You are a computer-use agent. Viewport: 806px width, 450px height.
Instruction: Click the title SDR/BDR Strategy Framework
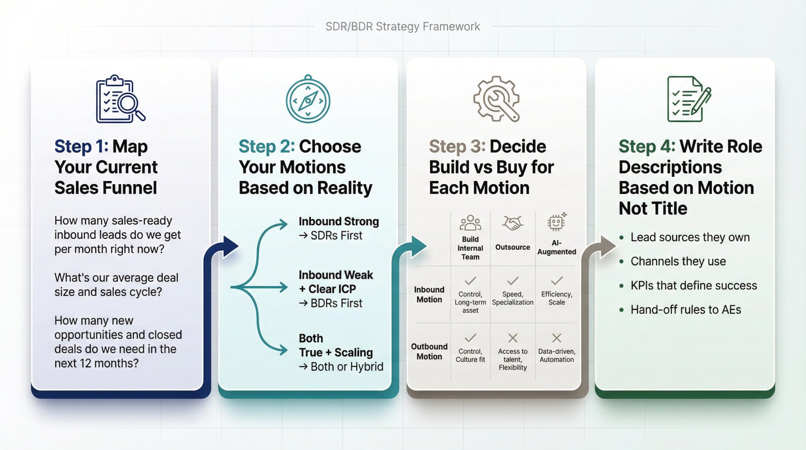(403, 27)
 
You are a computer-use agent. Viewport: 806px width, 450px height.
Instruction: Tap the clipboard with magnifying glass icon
(120, 99)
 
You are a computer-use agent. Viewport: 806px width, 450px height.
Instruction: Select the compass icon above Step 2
(308, 100)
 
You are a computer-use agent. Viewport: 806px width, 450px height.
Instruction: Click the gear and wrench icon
(496, 99)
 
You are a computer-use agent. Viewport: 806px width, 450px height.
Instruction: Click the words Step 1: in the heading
(81, 146)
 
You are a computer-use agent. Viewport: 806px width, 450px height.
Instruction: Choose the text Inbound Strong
(339, 221)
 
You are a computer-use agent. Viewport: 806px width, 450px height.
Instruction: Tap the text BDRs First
(336, 303)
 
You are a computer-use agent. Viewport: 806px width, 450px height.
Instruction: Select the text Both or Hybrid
(347, 367)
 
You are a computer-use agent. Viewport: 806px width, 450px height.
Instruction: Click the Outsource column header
(513, 247)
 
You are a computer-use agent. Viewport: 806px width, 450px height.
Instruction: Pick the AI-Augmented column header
(557, 247)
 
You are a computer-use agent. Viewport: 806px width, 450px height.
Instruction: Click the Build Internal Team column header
(470, 248)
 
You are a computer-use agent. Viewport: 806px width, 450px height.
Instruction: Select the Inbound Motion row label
(429, 294)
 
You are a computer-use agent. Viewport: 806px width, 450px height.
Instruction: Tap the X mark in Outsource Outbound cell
(513, 337)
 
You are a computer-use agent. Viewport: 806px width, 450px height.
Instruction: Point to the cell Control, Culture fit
(470, 355)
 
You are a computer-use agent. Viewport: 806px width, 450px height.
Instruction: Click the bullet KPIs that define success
(693, 285)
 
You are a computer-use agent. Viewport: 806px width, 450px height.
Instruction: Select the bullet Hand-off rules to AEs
(686, 310)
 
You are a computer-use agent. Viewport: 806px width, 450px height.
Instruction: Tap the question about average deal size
(116, 285)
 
